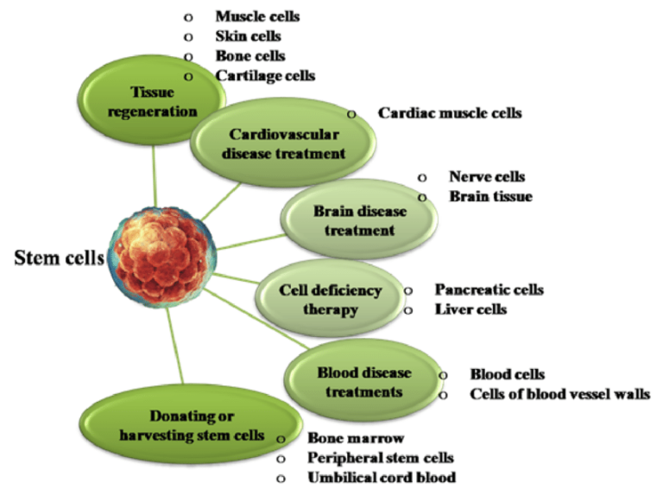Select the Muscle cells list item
pyautogui.click(x=257, y=16)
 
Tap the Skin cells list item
pyautogui.click(x=248, y=36)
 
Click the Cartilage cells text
pyautogui.click(x=265, y=75)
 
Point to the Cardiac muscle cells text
pyautogui.click(x=450, y=113)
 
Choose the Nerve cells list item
pyautogui.click(x=486, y=176)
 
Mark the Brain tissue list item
pyautogui.click(x=490, y=196)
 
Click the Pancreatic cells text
pyautogui.click(x=489, y=290)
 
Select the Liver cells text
pyautogui.click(x=470, y=309)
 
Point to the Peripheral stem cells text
pyautogui.click(x=381, y=457)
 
